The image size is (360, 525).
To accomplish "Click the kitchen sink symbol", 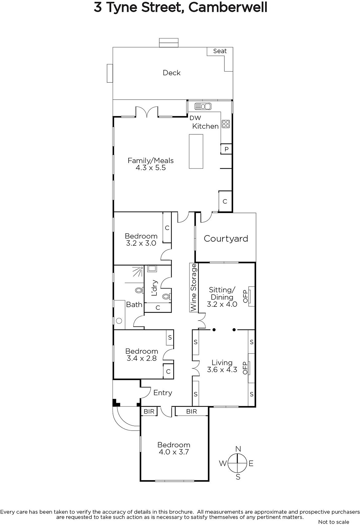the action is (x=203, y=106).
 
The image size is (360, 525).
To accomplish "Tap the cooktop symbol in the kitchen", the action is (x=226, y=124).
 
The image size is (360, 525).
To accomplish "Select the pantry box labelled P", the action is (x=226, y=149).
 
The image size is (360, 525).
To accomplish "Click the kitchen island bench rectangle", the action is (x=196, y=151).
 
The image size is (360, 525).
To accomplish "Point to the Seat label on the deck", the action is (x=220, y=51).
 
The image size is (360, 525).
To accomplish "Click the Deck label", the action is (x=172, y=73).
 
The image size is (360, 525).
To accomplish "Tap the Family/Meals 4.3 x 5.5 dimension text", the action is (x=151, y=168).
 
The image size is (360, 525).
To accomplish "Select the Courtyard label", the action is (x=226, y=239).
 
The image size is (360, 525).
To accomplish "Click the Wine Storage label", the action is (x=194, y=287).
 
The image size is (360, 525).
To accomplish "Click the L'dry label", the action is (x=154, y=288).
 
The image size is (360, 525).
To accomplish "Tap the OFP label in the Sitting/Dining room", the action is (x=245, y=296).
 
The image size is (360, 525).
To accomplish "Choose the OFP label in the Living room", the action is (x=245, y=368).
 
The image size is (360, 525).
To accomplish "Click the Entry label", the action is (x=163, y=392).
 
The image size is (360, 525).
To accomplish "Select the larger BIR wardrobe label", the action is (x=191, y=411).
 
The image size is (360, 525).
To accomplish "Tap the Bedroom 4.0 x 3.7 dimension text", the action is (x=174, y=452).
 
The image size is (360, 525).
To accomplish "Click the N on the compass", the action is (x=238, y=449).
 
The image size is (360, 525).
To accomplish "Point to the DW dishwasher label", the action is (x=195, y=118).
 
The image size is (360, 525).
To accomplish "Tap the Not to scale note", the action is (x=333, y=522).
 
